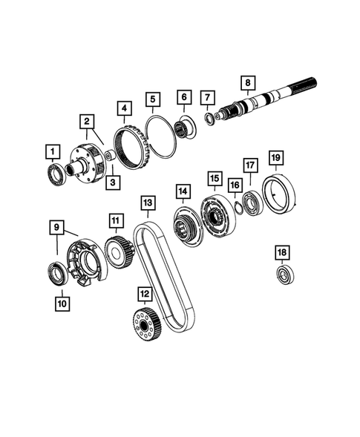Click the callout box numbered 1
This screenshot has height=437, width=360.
click(x=53, y=153)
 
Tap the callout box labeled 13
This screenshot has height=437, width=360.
click(x=147, y=202)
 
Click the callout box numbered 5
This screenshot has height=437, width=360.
click(x=153, y=98)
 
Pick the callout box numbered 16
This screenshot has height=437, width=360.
click(x=235, y=185)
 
